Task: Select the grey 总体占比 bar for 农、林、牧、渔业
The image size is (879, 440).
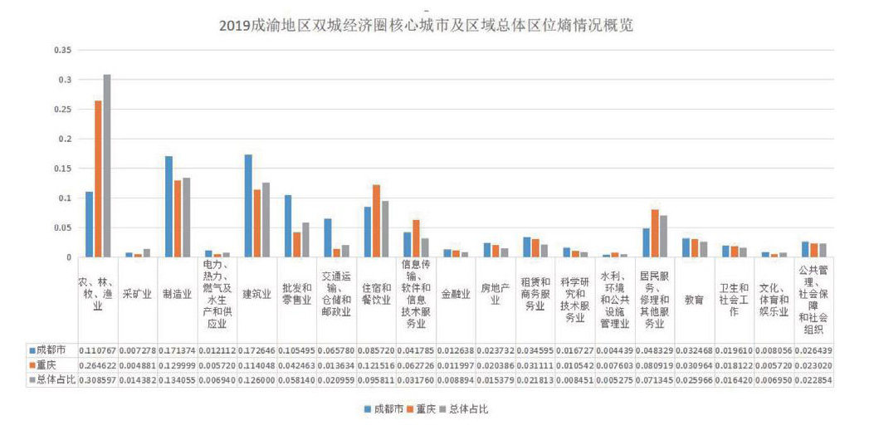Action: [107, 166]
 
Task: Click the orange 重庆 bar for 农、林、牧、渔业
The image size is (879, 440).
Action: [98, 178]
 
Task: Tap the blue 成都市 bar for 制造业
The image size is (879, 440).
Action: [168, 207]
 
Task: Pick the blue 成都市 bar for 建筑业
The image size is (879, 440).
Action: [248, 206]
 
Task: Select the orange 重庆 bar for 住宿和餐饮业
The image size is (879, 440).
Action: [376, 221]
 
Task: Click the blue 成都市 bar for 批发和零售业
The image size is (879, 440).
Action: [288, 226]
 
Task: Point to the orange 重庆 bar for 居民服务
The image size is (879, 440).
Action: [655, 233]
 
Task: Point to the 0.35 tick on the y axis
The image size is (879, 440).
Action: [62, 50]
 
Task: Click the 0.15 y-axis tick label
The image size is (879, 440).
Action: [62, 169]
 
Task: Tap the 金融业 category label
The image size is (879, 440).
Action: [456, 295]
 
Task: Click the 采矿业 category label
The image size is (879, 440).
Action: [137, 295]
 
